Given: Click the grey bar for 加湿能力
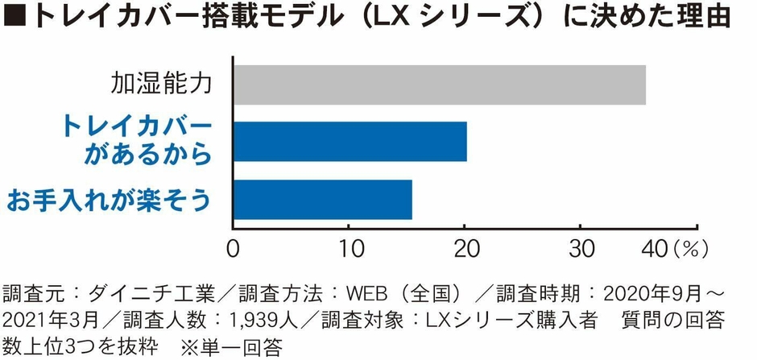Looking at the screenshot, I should coord(439,85).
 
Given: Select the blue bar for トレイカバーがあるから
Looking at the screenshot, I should coord(350,143).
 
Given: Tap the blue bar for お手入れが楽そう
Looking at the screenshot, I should coord(322,200).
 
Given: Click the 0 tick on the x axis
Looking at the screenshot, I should coord(234,249).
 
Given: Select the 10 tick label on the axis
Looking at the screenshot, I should coord(348,249).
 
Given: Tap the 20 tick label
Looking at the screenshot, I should coord(464,249).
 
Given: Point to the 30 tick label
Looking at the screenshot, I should coord(579,249).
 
